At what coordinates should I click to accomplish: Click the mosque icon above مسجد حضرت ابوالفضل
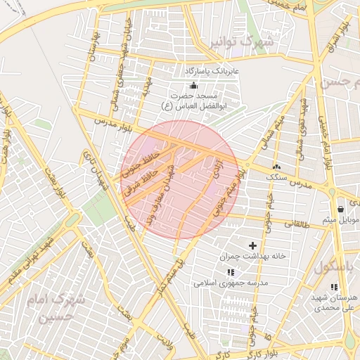(193, 85)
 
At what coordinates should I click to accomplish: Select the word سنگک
(276, 177)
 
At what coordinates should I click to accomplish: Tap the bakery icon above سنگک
(276, 167)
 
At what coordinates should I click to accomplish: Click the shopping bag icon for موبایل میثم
(340, 209)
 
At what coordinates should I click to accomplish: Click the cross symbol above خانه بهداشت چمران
(252, 245)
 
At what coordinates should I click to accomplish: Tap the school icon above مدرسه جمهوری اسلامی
(230, 272)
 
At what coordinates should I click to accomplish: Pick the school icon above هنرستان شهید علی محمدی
(334, 287)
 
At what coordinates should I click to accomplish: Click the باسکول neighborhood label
(336, 267)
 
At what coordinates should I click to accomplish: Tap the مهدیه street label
(146, 86)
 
